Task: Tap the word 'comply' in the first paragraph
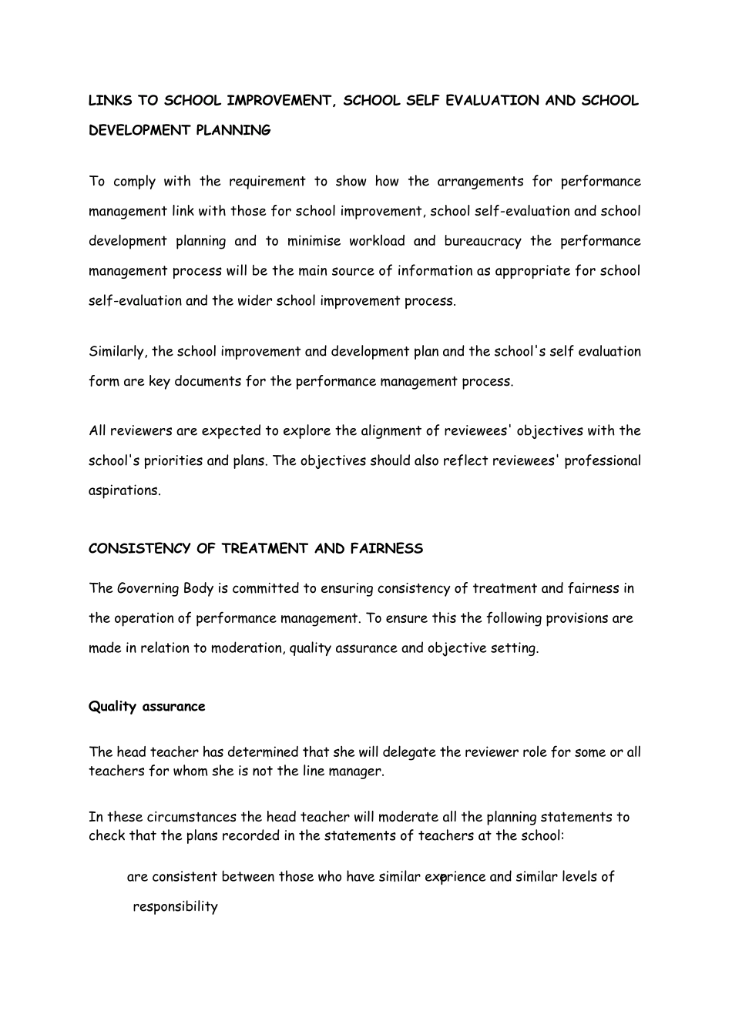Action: [x=134, y=182]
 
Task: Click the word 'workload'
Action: [x=377, y=242]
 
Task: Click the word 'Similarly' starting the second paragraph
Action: [x=118, y=352]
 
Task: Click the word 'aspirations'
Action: [x=124, y=491]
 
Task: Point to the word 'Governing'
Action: [x=148, y=589]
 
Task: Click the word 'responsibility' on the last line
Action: [x=175, y=907]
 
